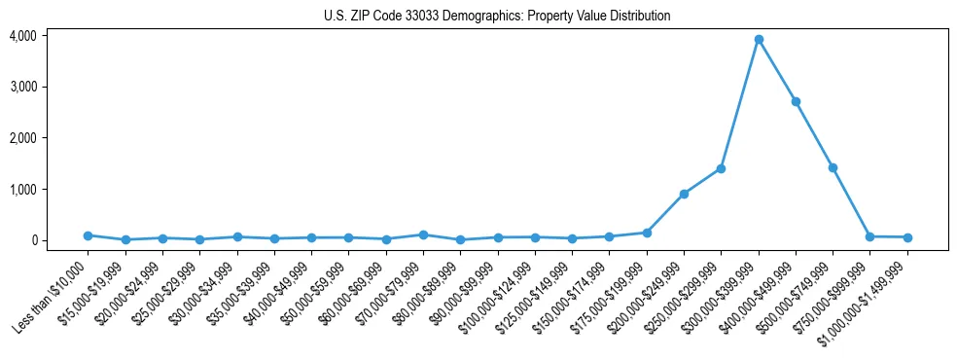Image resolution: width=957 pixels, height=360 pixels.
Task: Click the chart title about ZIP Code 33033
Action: tap(497, 16)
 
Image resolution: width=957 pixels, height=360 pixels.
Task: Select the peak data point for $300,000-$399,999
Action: tap(759, 40)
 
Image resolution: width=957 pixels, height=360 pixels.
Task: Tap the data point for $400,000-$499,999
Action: tap(796, 101)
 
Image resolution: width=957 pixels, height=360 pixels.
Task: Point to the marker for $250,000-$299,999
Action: tap(721, 168)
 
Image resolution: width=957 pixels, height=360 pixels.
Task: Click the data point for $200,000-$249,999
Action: tap(684, 194)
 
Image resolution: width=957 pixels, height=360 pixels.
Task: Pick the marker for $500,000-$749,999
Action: tap(833, 167)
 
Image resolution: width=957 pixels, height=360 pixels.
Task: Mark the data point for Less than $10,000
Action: tap(88, 235)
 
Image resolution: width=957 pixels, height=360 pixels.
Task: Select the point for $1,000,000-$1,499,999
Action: tap(907, 237)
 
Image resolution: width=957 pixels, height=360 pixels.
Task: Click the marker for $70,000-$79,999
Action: tap(423, 234)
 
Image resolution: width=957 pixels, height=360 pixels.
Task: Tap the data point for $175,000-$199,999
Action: tap(647, 233)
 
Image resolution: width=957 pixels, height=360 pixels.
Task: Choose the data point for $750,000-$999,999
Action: tap(870, 236)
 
